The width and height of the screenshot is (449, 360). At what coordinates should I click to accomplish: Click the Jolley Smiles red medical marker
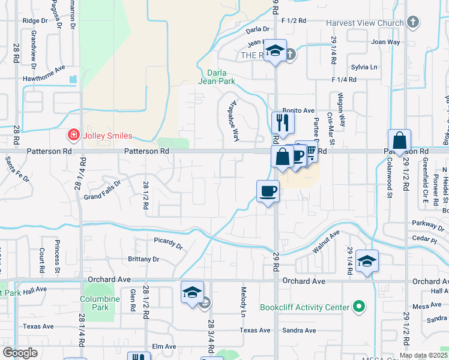click(x=74, y=135)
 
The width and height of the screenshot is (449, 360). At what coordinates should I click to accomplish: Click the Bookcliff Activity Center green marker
click(x=359, y=307)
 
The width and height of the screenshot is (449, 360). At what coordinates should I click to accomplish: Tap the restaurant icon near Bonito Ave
click(x=282, y=122)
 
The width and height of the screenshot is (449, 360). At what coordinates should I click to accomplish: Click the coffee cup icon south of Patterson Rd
click(x=268, y=191)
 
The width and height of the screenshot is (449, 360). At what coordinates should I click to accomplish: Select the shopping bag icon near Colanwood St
click(x=399, y=141)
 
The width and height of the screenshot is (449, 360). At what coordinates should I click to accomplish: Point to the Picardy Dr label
click(x=167, y=243)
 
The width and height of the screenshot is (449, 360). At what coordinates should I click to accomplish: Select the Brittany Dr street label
click(x=143, y=259)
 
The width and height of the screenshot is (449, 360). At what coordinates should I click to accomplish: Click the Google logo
click(x=20, y=353)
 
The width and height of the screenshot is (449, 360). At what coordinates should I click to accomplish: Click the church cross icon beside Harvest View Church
click(x=412, y=23)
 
